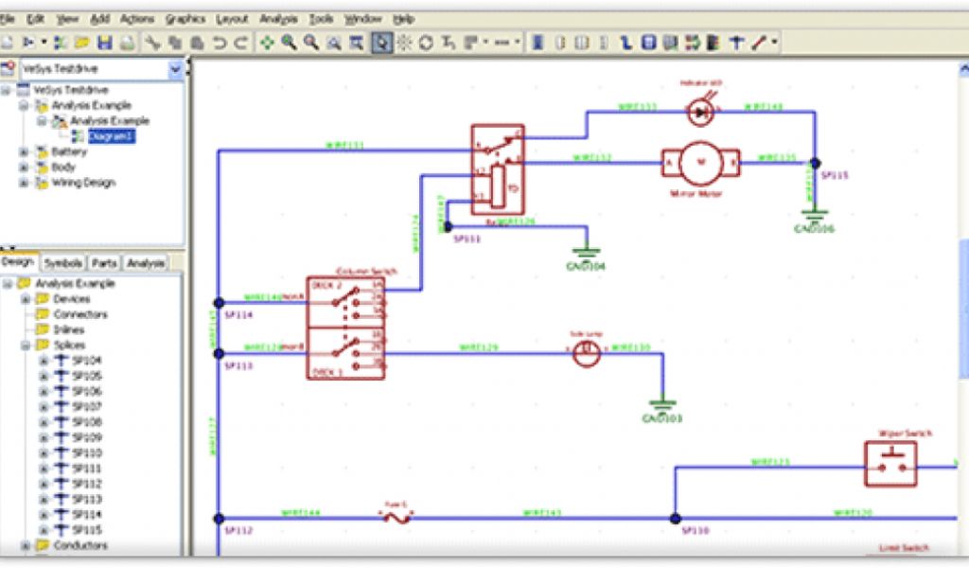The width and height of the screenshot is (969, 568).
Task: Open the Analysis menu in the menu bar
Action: [278, 19]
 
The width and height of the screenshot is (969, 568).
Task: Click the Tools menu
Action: [321, 19]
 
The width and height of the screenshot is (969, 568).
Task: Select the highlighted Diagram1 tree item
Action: [112, 136]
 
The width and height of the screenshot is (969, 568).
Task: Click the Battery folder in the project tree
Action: [69, 151]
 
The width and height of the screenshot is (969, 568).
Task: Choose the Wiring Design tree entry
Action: [82, 183]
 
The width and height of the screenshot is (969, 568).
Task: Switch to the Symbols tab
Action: [63, 263]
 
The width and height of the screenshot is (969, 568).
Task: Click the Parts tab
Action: [104, 263]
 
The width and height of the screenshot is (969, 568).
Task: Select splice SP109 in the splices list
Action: [86, 437]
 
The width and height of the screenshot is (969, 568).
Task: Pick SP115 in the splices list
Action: [86, 530]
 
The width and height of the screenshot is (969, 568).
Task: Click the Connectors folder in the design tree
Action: [79, 314]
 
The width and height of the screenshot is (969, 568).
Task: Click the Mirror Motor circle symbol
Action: [701, 163]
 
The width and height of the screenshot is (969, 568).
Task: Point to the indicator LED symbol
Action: [701, 112]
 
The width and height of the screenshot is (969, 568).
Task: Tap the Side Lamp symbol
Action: [587, 354]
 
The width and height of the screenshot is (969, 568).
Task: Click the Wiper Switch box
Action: [890, 464]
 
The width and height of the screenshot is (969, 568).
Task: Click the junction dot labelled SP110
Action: [675, 519]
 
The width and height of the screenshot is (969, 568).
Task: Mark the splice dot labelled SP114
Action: [219, 302]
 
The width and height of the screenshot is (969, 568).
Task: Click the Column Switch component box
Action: [346, 328]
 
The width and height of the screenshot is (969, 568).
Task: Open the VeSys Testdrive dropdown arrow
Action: [175, 69]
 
